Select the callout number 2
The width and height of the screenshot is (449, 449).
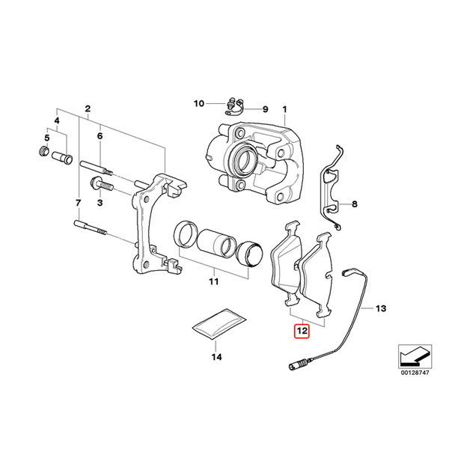tap(88, 109)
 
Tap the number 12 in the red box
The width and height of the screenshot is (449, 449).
tap(301, 329)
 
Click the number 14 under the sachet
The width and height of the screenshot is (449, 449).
tap(217, 358)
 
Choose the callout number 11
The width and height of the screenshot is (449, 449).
tap(213, 282)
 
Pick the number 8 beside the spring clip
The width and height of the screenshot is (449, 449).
tap(355, 204)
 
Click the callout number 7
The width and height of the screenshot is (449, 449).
tap(77, 203)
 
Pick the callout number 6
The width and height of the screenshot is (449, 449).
tap(99, 136)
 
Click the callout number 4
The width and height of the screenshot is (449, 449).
tap(56, 120)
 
